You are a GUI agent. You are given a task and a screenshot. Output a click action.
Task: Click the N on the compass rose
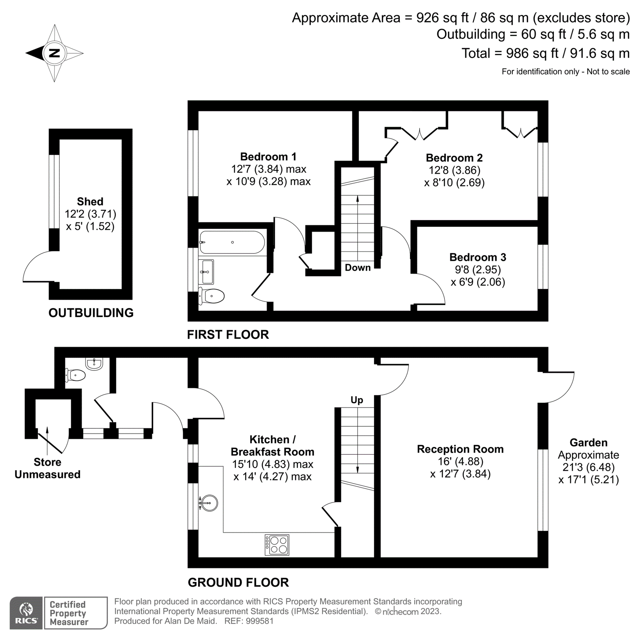click(x=54, y=53)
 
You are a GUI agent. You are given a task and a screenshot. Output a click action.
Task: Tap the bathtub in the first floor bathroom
click(x=232, y=242)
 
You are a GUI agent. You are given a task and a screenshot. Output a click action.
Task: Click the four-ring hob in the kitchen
click(x=277, y=544)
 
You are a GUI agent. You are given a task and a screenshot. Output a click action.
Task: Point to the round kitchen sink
click(x=209, y=503)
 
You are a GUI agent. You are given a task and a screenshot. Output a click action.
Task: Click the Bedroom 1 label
click(x=268, y=156)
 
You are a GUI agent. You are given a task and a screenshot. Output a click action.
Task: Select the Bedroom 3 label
click(x=478, y=257)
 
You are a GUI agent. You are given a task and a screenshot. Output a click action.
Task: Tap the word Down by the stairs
click(x=358, y=268)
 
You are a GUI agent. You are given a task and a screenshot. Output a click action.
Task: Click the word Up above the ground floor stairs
click(x=357, y=400)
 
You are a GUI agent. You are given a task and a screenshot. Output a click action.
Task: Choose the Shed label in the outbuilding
click(x=90, y=202)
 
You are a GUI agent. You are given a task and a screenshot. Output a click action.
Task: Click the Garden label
click(x=588, y=443)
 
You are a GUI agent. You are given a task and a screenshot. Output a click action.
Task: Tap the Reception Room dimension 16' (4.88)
click(x=460, y=462)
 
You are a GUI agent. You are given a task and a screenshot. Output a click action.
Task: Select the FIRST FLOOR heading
click(x=228, y=335)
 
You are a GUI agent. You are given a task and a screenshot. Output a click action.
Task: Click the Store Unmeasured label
click(x=47, y=468)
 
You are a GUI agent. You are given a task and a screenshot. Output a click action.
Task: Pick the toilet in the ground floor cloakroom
click(x=76, y=375)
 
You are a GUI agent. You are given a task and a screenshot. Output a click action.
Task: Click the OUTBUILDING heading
click(x=91, y=313)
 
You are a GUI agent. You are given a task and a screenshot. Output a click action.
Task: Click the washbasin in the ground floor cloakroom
click(x=94, y=363)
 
